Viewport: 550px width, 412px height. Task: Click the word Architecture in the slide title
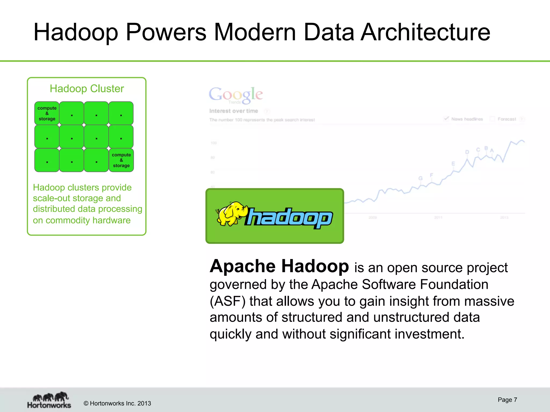click(x=425, y=32)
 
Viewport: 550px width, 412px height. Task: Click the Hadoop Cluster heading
click(x=87, y=89)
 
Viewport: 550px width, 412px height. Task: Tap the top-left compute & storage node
click(x=47, y=113)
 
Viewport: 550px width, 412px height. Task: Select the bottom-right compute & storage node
click(x=121, y=160)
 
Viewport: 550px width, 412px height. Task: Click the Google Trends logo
click(x=236, y=95)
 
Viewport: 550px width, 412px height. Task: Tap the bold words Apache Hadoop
click(x=279, y=266)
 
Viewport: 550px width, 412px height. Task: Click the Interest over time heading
click(x=233, y=111)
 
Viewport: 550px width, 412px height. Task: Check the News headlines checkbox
click(x=446, y=119)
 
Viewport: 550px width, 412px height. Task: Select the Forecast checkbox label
click(x=506, y=119)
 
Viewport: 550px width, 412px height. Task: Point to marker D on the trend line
click(x=467, y=152)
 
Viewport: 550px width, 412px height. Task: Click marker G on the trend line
click(x=420, y=178)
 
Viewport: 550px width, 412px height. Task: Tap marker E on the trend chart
click(x=453, y=164)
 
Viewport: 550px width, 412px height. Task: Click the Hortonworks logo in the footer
click(x=49, y=400)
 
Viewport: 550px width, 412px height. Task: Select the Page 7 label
click(x=507, y=400)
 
